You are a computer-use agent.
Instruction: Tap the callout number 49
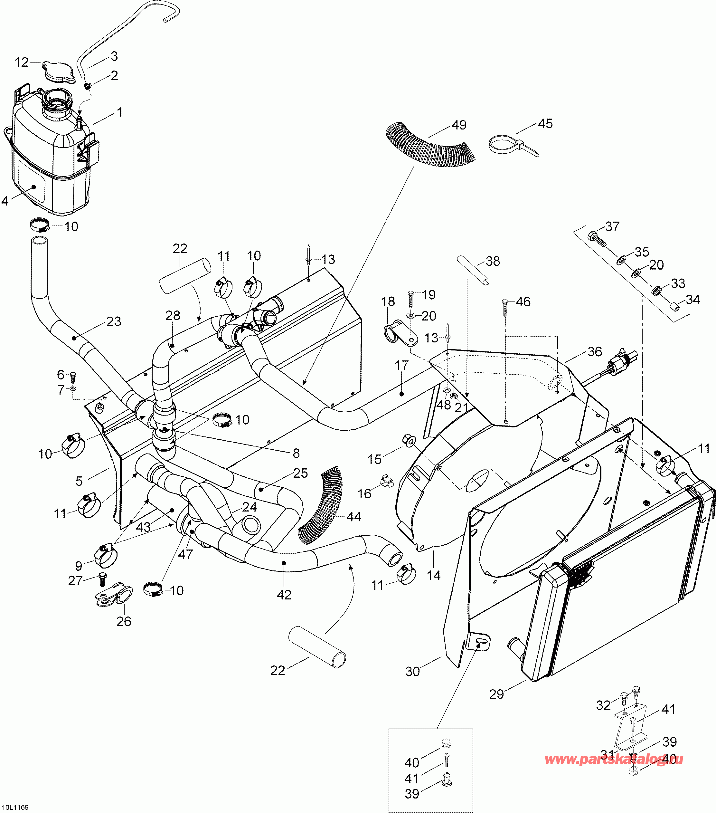(459, 125)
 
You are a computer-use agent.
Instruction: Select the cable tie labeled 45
(513, 146)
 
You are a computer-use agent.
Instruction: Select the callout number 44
(354, 517)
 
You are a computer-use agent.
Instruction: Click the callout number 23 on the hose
(114, 321)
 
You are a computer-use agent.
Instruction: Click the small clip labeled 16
(387, 481)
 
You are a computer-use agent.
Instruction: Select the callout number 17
(401, 365)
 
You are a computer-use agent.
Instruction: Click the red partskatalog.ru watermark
(614, 759)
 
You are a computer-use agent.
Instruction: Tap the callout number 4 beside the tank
(5, 201)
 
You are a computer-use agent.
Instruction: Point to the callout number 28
(173, 315)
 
